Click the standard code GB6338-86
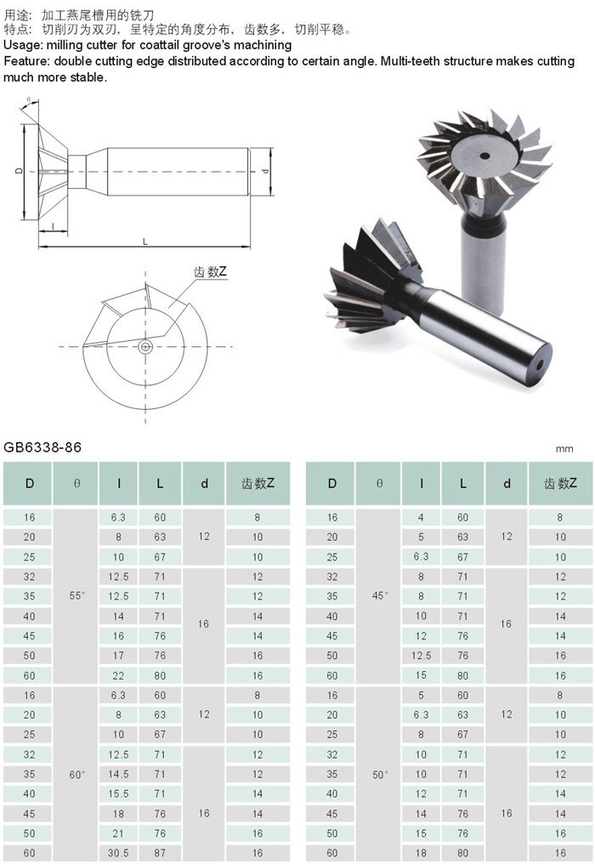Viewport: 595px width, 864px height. [42, 446]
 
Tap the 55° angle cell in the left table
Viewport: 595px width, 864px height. [77, 595]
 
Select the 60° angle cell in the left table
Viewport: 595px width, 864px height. [77, 774]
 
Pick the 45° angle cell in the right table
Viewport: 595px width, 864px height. [380, 595]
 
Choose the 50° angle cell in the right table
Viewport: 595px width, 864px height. [380, 774]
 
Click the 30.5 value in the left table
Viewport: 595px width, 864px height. [118, 853]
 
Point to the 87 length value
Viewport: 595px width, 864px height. [160, 853]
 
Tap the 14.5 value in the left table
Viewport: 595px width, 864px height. [118, 774]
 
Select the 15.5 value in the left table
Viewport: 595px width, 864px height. [118, 794]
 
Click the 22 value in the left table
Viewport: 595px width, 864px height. [118, 675]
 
